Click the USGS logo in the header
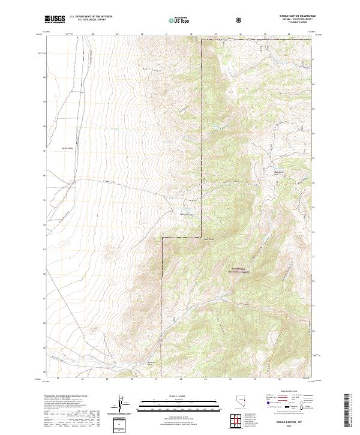pos(55,20)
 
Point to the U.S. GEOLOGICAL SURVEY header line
pos(86,21)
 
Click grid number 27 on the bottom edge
pos(58,379)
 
